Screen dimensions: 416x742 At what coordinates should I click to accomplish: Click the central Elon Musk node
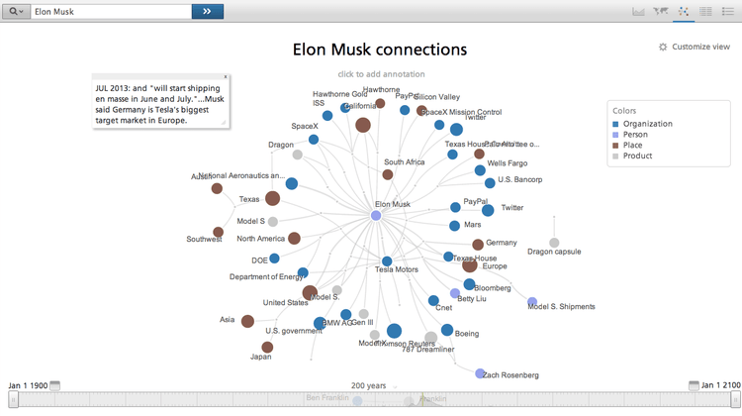point(376,215)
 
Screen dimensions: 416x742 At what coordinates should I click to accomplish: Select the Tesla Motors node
point(388,261)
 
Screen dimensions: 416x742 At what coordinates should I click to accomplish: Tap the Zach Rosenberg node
point(480,373)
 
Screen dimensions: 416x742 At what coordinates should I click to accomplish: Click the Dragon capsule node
point(554,243)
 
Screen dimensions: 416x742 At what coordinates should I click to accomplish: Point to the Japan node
point(268,348)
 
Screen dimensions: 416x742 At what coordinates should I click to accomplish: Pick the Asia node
point(247,321)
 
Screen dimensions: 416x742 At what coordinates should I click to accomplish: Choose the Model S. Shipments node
point(532,301)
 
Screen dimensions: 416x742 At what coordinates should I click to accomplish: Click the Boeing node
point(447,330)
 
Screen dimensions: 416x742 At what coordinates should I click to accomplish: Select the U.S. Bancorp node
point(491,182)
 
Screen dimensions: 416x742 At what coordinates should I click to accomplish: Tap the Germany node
point(478,244)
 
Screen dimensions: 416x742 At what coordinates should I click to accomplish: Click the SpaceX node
point(314,140)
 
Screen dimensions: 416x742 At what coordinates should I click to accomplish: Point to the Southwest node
point(219,232)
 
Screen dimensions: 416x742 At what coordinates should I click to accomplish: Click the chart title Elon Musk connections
point(380,50)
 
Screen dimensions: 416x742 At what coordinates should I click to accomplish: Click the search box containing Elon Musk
point(111,11)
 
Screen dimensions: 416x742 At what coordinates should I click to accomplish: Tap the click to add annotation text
point(381,74)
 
